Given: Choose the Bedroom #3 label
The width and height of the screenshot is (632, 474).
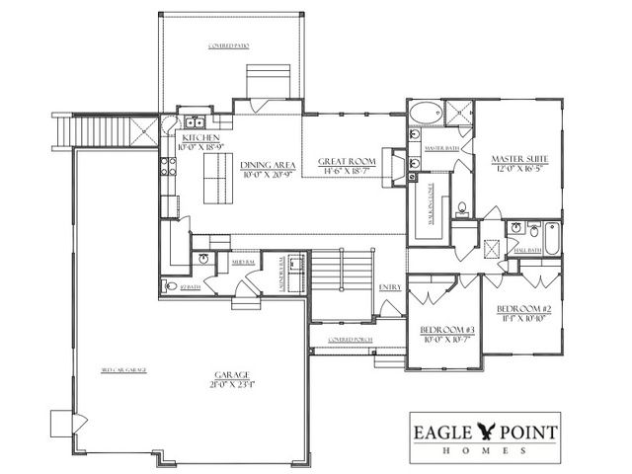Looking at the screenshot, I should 441,328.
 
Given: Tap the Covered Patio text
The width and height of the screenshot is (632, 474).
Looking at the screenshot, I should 227,46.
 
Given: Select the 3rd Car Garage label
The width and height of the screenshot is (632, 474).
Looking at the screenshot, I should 123,370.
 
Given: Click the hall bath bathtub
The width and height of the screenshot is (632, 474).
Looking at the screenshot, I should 549,237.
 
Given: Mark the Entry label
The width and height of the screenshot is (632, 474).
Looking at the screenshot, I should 389,287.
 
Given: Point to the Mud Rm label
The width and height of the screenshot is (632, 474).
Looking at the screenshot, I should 243,263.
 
